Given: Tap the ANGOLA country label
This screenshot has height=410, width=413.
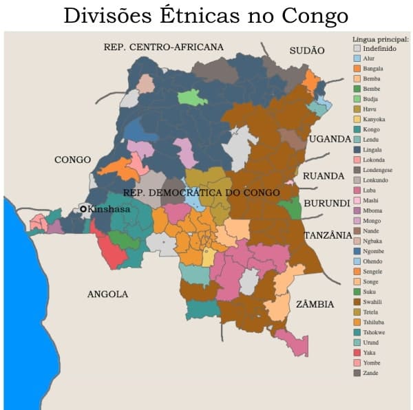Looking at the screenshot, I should pos(107,294).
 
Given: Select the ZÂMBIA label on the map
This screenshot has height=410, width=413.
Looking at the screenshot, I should pos(315,304).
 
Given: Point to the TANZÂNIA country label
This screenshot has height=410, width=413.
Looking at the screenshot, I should pos(328,235).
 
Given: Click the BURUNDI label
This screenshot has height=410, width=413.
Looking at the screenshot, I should pos(328,204).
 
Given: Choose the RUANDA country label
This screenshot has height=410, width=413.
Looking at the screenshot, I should pos(324,176).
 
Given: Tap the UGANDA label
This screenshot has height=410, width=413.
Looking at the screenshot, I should pos(330,139).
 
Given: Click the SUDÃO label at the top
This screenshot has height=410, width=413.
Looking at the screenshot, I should pos(307,50).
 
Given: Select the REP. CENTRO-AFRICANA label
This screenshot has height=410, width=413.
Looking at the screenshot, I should pos(163,47).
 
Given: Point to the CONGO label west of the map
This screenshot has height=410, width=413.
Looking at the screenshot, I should pos(72,160).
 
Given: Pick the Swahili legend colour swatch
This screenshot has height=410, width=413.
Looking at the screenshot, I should pos(357,301).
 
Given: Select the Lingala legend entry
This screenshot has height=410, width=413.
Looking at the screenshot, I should pos(372,149).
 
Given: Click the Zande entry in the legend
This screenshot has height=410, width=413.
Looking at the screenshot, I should pos(371,373).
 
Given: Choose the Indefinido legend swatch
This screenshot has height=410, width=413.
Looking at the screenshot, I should pos(357,48).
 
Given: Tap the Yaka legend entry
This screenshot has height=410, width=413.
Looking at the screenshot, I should pos(370,352).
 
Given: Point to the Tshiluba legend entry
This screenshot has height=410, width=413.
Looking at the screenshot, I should pos(374,322).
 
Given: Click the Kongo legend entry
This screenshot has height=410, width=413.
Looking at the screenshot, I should pos(370,129).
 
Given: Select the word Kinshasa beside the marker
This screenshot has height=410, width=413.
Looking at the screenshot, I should pos(109,208).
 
